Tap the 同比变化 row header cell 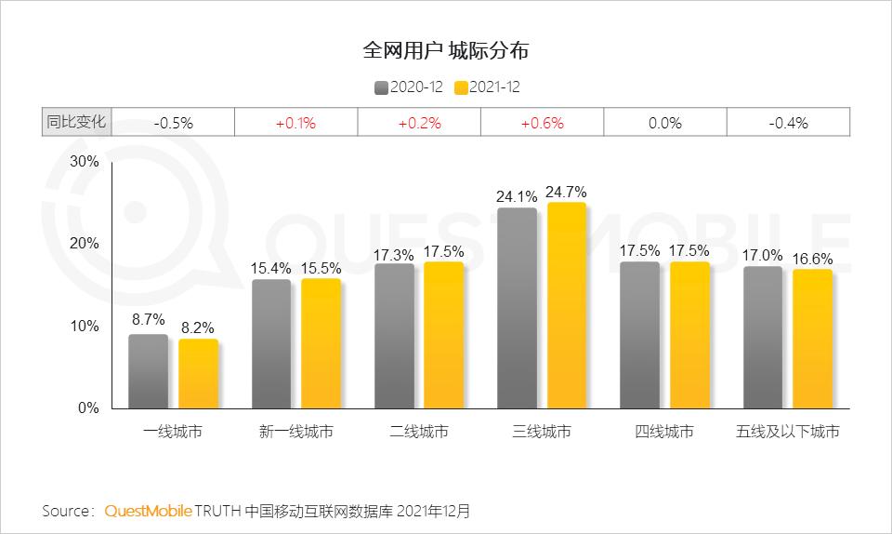click(x=76, y=122)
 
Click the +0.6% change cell click(x=542, y=123)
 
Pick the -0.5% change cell click(x=173, y=123)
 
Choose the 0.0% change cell click(x=665, y=123)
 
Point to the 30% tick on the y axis click(x=85, y=161)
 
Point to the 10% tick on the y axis click(x=85, y=326)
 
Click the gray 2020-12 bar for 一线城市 click(x=149, y=371)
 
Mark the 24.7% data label click(x=567, y=193)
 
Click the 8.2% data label click(x=198, y=328)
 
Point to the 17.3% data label click(x=394, y=253)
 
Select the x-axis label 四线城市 click(x=664, y=432)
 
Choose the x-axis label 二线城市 click(x=419, y=432)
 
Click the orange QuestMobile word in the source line click(x=149, y=511)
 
